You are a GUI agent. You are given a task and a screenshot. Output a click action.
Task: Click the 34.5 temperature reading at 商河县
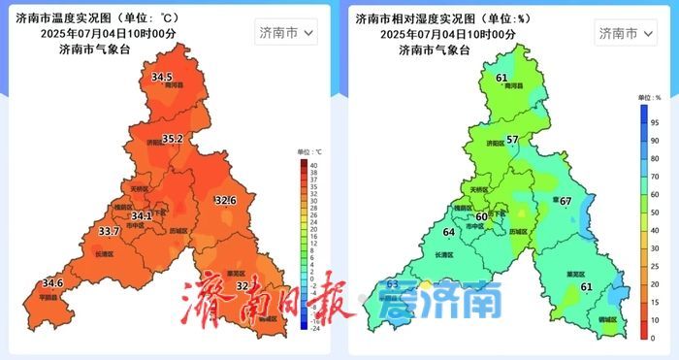161,77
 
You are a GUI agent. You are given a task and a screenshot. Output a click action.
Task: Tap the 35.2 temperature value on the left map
172,139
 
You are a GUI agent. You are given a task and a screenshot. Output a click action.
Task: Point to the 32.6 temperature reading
225,200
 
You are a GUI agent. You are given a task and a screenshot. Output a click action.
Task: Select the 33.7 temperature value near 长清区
110,231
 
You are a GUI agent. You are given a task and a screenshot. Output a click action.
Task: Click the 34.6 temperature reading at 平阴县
51,283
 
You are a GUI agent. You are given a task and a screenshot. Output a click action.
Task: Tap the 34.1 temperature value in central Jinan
142,215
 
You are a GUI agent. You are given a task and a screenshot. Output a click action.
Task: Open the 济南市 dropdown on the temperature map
286,33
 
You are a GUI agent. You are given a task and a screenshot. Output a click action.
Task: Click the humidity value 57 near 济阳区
512,140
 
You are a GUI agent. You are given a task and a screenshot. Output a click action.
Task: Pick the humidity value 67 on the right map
566,201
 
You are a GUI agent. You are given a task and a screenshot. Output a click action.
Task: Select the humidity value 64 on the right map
448,232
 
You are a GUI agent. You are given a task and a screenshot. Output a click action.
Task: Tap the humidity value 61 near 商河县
501,78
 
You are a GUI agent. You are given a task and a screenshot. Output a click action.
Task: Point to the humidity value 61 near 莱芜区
585,287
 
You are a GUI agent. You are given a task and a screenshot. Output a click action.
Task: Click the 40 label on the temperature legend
313,165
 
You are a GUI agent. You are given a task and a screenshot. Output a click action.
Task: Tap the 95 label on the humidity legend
655,121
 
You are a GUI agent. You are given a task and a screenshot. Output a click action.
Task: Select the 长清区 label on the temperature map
104,254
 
